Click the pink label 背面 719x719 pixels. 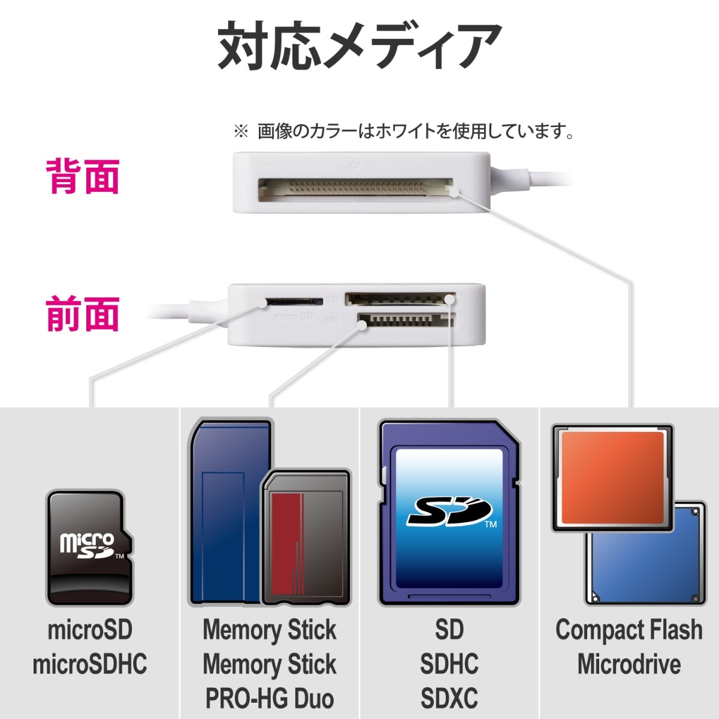[83, 176]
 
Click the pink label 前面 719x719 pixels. [83, 315]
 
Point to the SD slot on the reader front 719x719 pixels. [399, 298]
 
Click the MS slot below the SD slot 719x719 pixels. [405, 321]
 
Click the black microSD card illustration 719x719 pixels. [89, 548]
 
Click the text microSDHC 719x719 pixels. [89, 664]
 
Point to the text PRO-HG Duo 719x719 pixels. [269, 699]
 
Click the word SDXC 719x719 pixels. [449, 699]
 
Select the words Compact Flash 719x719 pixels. [629, 630]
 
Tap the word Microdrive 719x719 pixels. [629, 664]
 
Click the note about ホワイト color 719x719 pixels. [404, 131]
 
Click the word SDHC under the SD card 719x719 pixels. [449, 664]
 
